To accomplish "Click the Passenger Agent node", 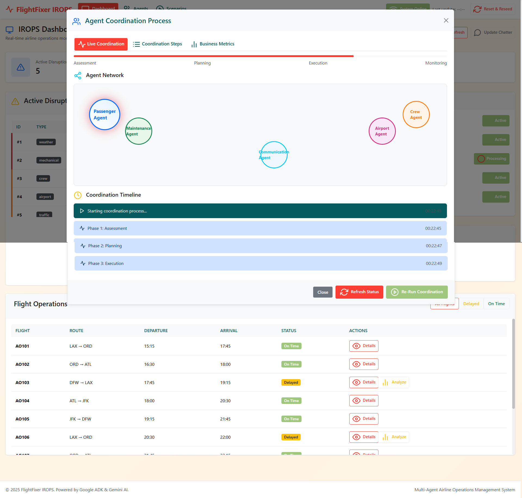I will pos(105,115).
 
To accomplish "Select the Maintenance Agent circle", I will pos(139,131).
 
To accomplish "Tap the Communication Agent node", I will pos(274,155).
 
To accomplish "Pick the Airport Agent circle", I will pos(382,131).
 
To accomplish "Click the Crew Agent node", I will pos(416,115).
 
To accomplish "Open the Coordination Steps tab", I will pos(157,44).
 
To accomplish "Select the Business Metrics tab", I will pos(213,44).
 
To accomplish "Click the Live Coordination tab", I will pos(101,44).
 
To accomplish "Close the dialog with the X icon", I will pos(446,21).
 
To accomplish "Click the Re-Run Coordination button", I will pos(417,292).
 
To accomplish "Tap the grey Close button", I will pos(323,292).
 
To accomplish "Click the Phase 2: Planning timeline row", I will pos(261,246).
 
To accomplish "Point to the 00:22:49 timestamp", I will pos(434,264).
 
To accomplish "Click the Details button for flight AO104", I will pos(364,401).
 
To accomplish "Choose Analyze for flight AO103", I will pos(394,382).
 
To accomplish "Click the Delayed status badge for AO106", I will pos(291,437).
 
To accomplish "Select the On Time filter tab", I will pos(496,304).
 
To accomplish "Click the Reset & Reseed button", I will pos(493,9).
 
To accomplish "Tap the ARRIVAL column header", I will pos(229,331).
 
